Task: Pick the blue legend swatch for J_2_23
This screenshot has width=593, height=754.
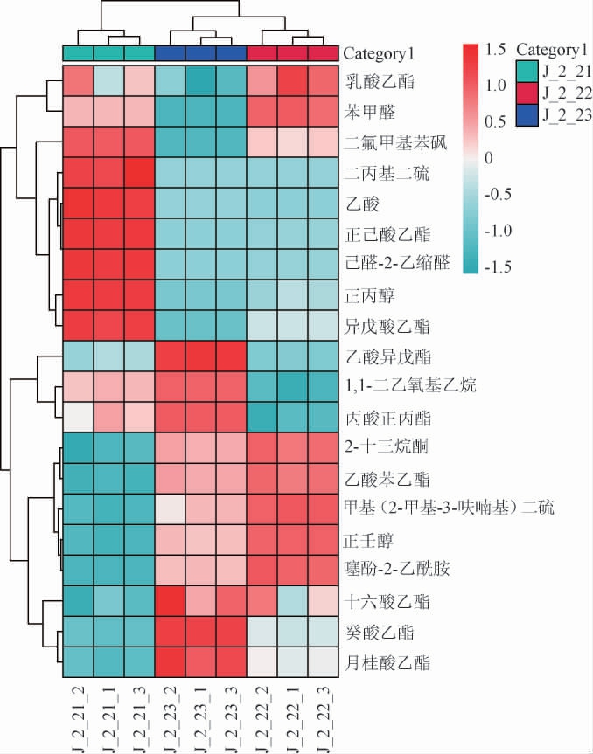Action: click(527, 114)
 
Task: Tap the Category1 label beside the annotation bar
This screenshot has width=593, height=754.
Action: click(378, 53)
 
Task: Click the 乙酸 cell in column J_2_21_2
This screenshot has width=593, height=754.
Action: click(77, 204)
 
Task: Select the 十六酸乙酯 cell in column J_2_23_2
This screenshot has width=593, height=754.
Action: click(168, 602)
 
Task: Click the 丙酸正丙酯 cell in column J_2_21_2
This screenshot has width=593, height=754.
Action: click(77, 419)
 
